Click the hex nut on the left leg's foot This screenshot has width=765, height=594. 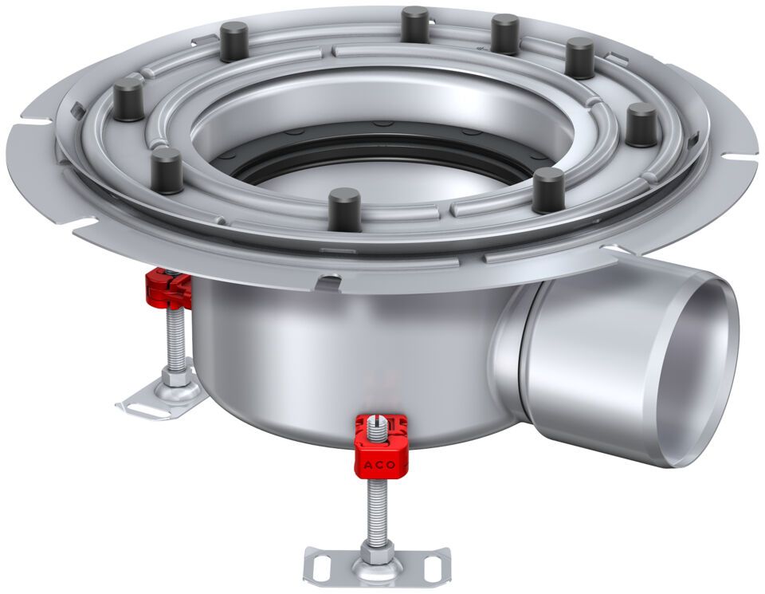(x=175, y=377)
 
